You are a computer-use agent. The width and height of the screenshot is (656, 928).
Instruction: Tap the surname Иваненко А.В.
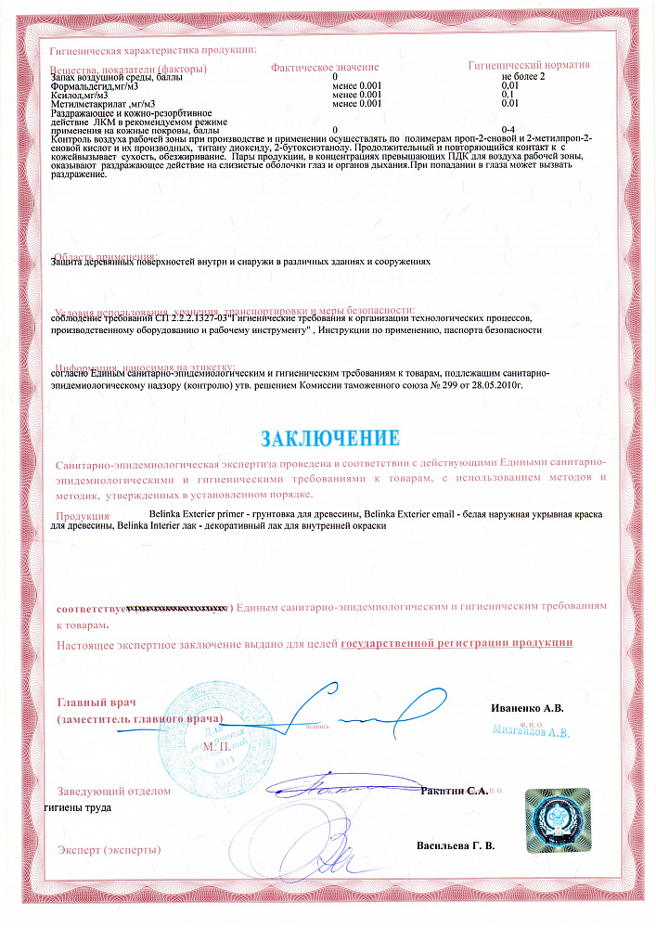(527, 708)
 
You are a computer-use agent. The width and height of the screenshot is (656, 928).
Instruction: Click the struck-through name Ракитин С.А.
(454, 790)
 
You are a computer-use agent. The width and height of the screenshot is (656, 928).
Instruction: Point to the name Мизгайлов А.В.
(531, 731)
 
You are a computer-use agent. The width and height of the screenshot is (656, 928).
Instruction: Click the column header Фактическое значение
(325, 68)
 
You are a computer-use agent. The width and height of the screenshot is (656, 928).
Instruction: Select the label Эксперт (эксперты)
(109, 849)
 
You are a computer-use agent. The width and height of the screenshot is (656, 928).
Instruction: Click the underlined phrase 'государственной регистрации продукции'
(457, 642)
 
